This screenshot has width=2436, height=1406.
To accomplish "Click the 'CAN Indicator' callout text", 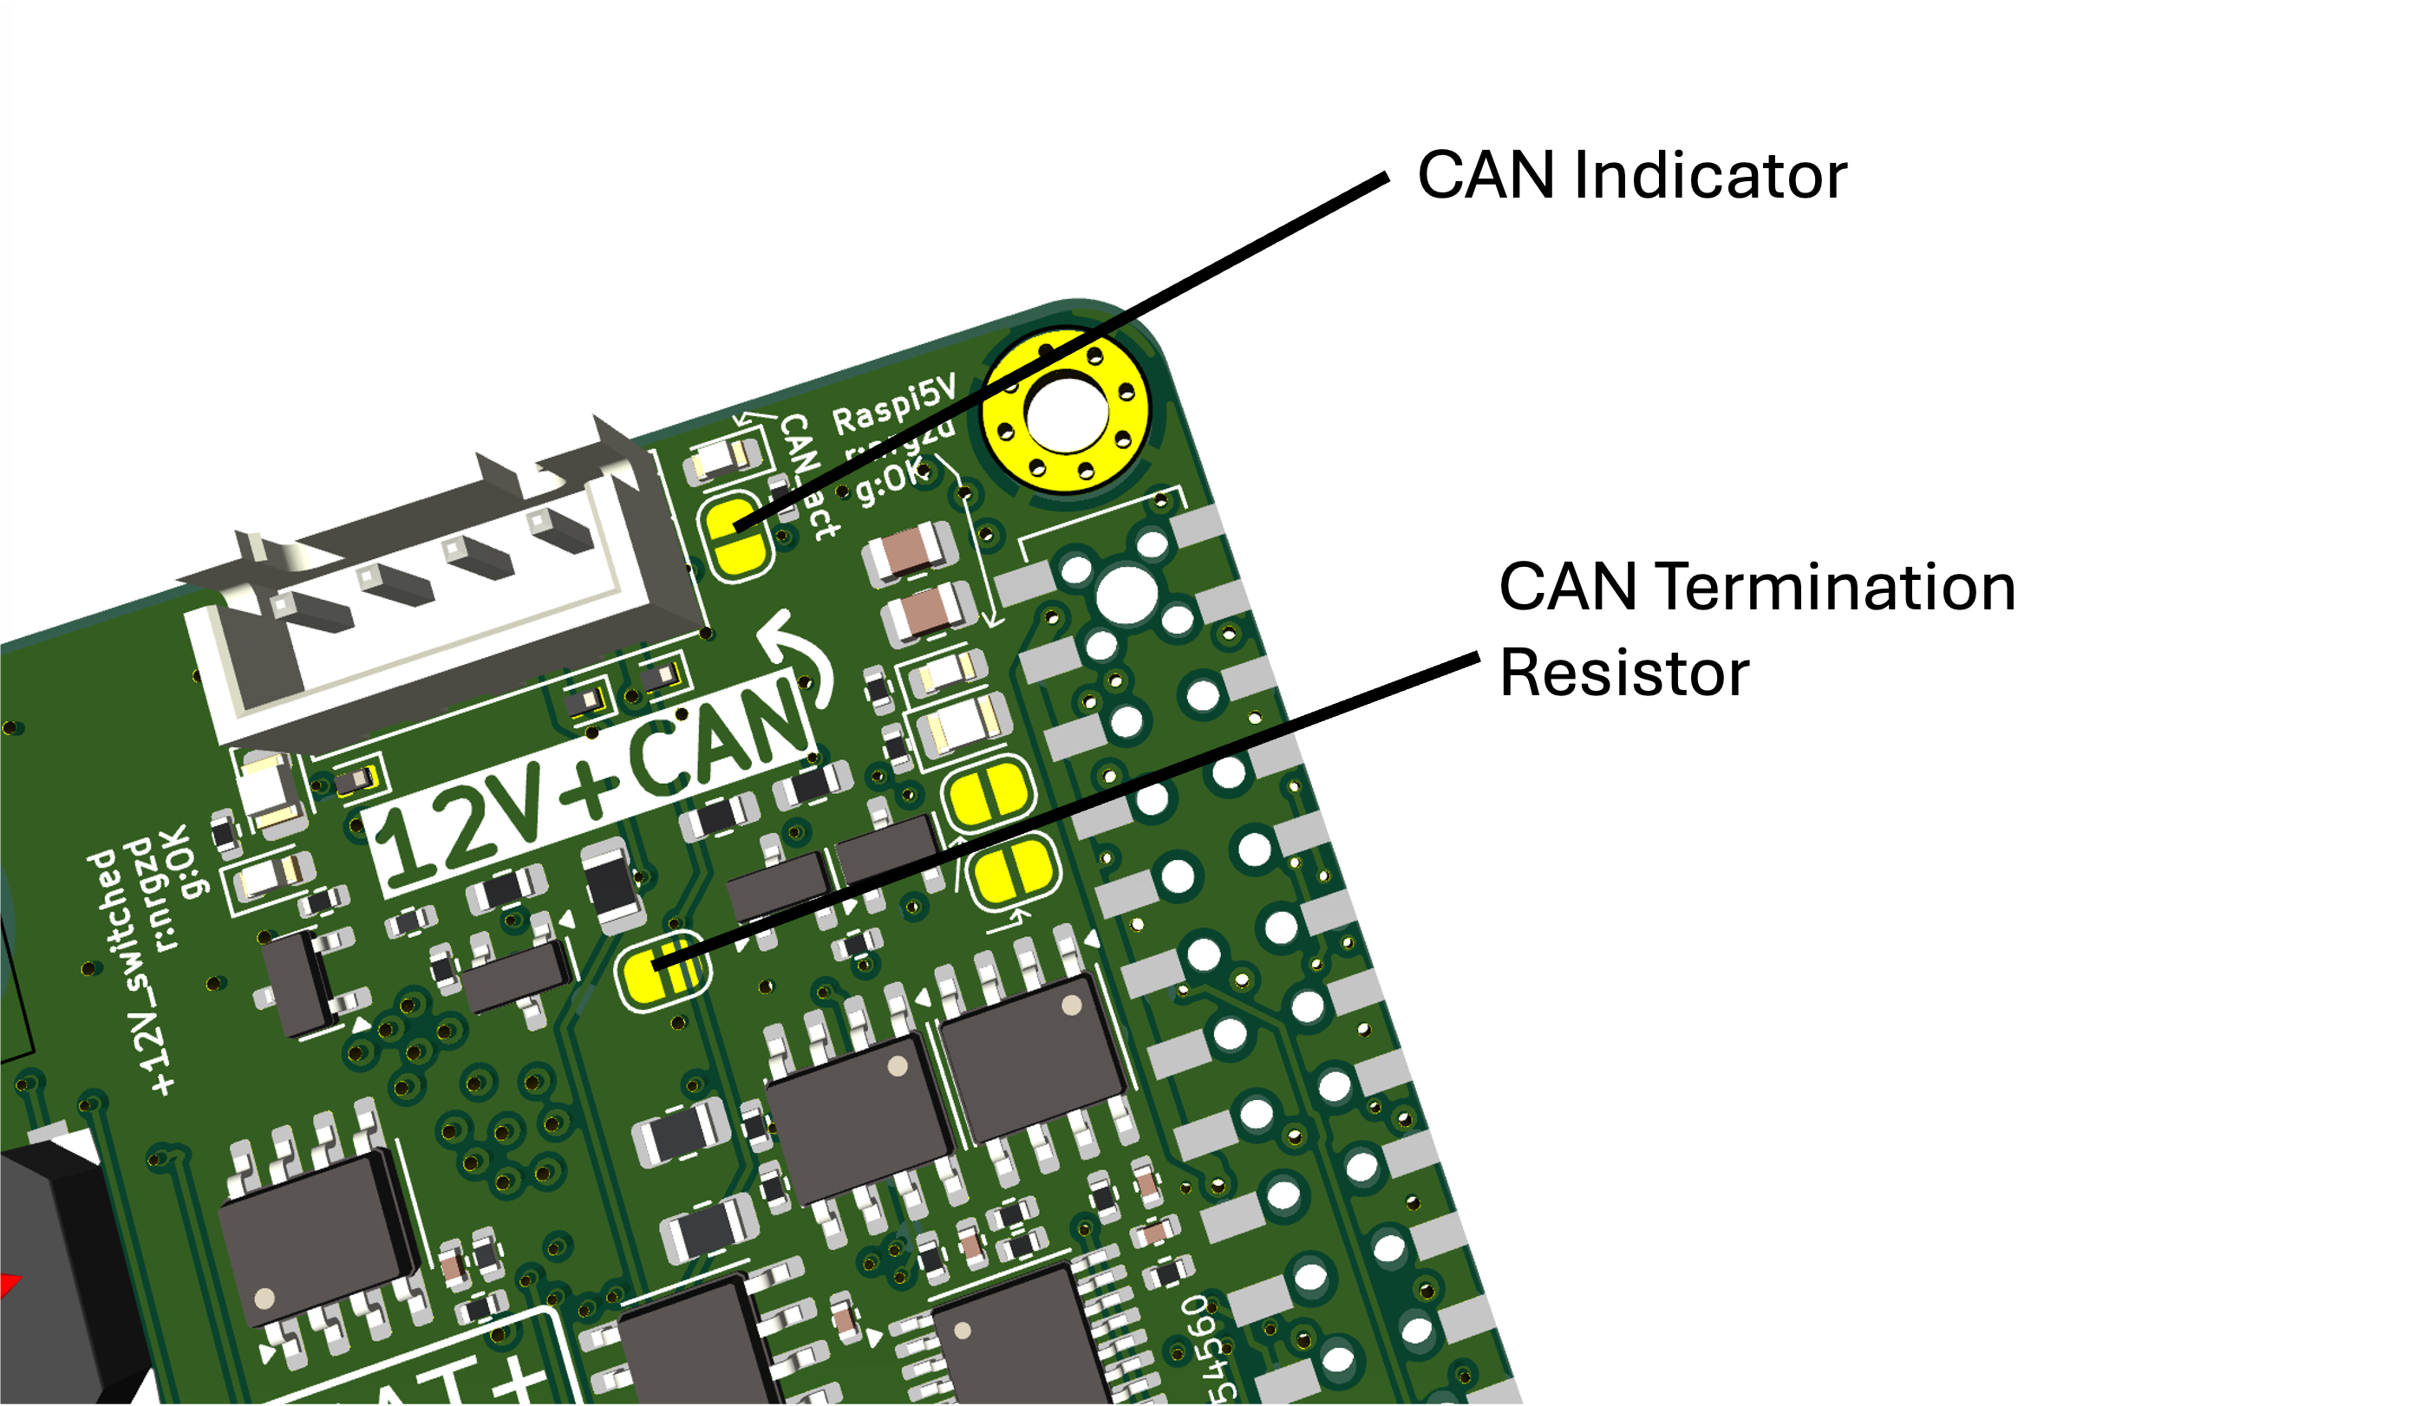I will (1631, 176).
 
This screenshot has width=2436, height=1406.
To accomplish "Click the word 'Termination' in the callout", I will (1834, 587).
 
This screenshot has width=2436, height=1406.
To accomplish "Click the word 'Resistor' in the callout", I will (1623, 673).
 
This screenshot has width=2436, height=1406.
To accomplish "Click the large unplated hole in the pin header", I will (1127, 593).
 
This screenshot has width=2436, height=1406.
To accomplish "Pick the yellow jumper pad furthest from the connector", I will (1013, 873).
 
